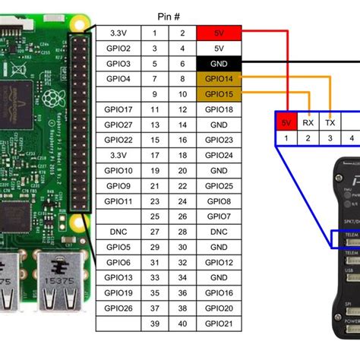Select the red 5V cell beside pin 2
pos(219,33)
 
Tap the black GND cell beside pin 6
pos(219,64)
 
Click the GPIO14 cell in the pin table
pos(219,79)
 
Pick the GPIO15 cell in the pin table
pos(219,94)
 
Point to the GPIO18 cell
pos(219,110)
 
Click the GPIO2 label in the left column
pos(118,48)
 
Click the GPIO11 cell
pos(118,201)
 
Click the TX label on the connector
pos(330,122)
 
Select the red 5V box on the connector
pos(286,122)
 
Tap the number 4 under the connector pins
pos(352,138)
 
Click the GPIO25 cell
pos(219,186)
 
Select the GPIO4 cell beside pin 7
pos(118,79)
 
